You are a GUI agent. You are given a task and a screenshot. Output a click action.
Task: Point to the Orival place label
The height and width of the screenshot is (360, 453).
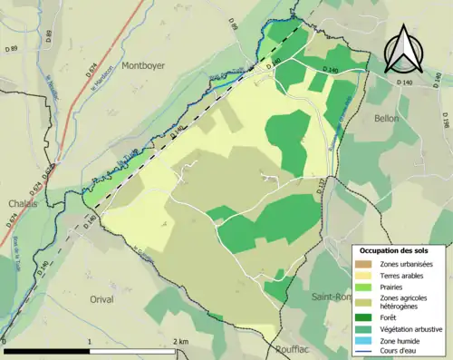pyautogui.click(x=107, y=297)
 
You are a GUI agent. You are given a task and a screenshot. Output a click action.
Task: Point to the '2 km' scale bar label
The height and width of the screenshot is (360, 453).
pyautogui.click(x=181, y=342)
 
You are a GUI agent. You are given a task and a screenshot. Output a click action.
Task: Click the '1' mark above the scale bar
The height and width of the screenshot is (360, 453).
pyautogui.click(x=89, y=342)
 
